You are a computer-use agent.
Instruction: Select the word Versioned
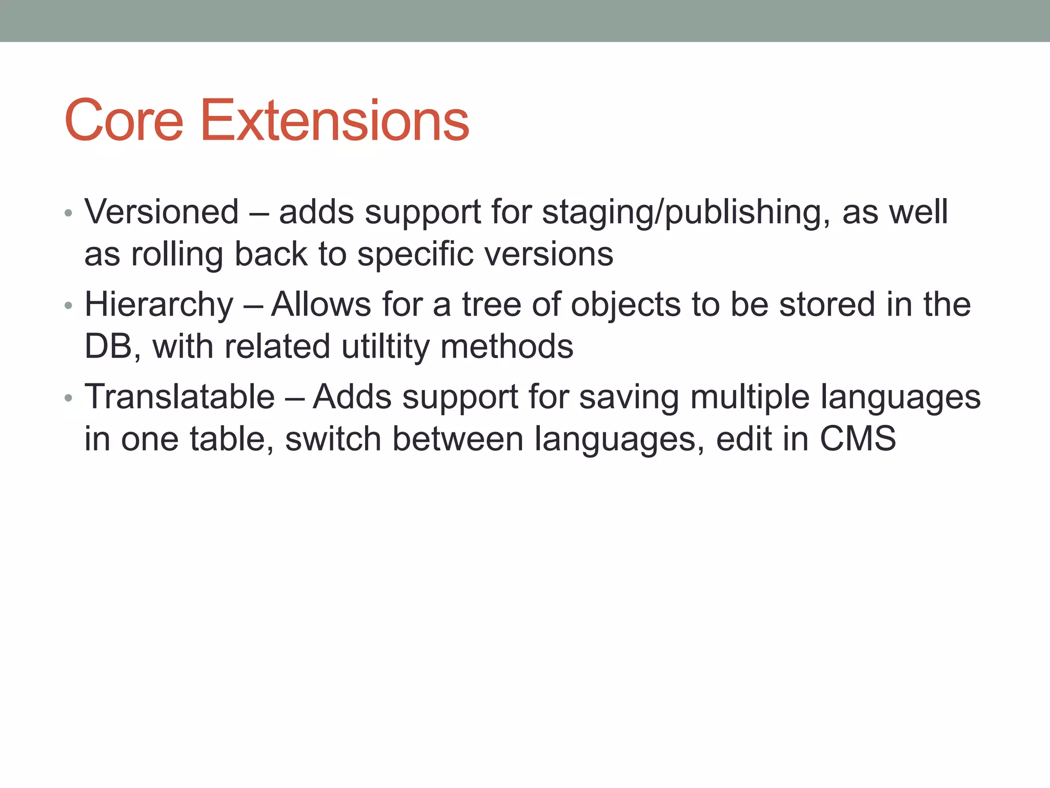pyautogui.click(x=161, y=211)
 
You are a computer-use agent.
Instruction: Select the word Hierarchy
pyautogui.click(x=159, y=305)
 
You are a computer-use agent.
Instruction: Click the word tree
pyautogui.click(x=491, y=304)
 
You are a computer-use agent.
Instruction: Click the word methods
pyautogui.click(x=507, y=346)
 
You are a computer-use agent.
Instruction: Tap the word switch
pyautogui.click(x=333, y=439)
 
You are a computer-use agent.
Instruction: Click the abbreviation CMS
pyautogui.click(x=858, y=439)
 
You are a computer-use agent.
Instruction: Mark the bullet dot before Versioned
pyautogui.click(x=69, y=213)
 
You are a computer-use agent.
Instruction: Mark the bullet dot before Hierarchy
pyautogui.click(x=69, y=306)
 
